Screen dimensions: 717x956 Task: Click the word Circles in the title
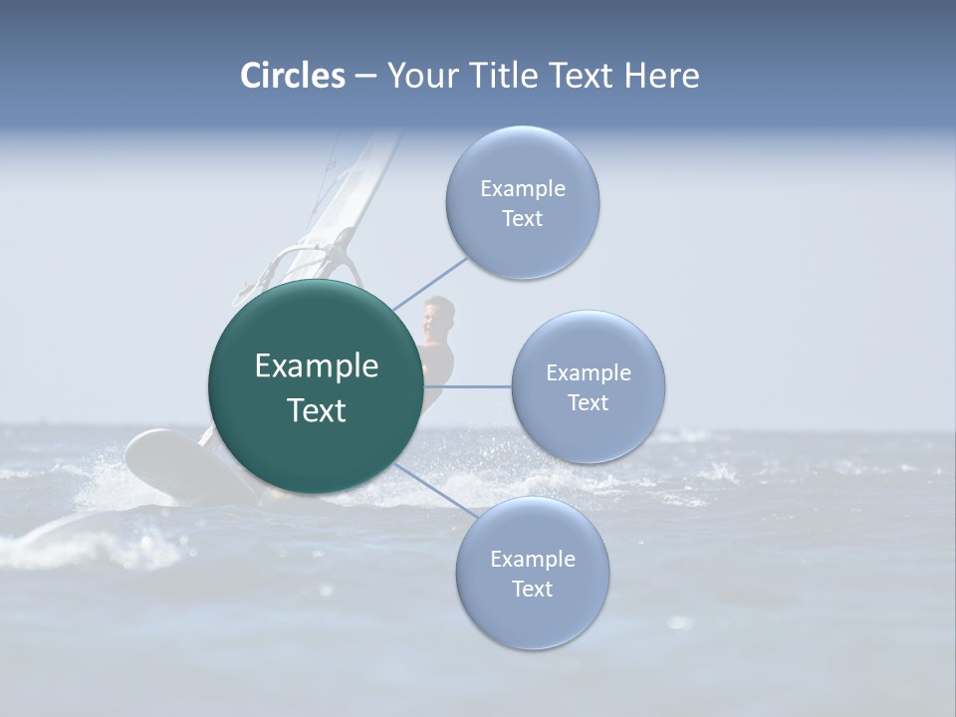click(x=293, y=76)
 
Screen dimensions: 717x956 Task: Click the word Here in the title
click(x=661, y=76)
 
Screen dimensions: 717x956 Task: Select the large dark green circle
click(x=315, y=385)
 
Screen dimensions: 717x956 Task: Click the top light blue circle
click(x=522, y=202)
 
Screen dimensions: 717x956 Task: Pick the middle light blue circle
click(x=588, y=386)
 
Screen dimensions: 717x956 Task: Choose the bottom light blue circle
click(x=532, y=573)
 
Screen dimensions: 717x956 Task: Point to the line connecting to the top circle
click(x=430, y=283)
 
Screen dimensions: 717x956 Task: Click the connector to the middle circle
click(x=468, y=386)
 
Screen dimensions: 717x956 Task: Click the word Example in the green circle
click(x=317, y=366)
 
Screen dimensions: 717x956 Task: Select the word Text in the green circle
click(x=317, y=410)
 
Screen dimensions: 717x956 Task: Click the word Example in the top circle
click(x=523, y=188)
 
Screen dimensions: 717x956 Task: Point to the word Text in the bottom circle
click(x=532, y=589)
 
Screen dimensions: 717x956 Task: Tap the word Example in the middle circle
click(x=589, y=372)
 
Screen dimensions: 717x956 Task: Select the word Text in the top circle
click(x=522, y=218)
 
